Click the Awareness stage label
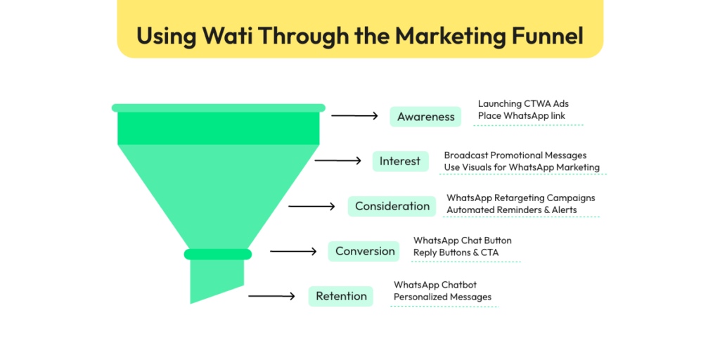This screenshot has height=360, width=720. click(425, 117)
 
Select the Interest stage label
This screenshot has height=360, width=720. click(400, 161)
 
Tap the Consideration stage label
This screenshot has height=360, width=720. click(392, 206)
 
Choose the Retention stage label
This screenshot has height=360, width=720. click(341, 296)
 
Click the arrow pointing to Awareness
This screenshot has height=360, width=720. click(354, 116)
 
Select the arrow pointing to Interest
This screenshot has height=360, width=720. click(338, 161)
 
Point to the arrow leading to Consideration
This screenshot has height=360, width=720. click(311, 207)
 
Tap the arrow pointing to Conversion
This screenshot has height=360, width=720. click(293, 251)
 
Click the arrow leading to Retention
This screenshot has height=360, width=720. click(272, 296)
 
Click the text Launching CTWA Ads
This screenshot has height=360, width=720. click(523, 104)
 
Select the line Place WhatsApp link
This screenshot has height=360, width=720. click(521, 116)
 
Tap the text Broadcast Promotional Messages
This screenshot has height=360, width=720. click(515, 155)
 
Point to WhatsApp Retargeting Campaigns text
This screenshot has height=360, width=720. click(521, 198)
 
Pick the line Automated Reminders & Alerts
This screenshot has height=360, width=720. click(512, 210)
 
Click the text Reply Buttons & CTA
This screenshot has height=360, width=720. click(456, 252)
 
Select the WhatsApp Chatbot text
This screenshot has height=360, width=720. click(435, 285)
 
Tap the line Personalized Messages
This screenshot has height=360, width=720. click(442, 297)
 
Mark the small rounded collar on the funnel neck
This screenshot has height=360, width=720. click(218, 254)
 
